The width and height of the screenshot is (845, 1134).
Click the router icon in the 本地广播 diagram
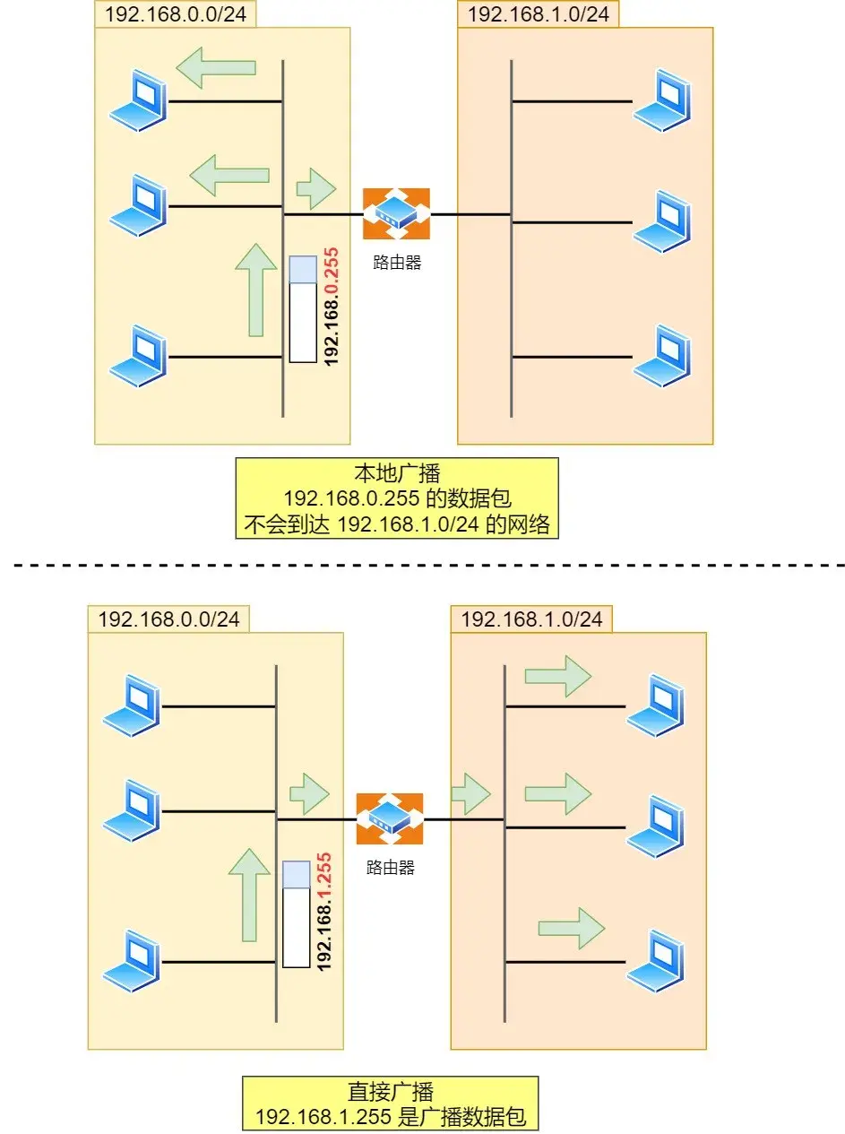(x=396, y=214)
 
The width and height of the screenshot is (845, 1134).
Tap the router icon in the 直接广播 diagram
(x=389, y=818)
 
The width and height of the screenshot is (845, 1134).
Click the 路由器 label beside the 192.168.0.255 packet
(x=397, y=263)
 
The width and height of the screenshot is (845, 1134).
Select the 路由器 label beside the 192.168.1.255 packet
(x=390, y=868)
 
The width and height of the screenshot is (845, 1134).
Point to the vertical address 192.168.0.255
(x=331, y=307)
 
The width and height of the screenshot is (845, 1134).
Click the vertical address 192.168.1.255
(x=324, y=912)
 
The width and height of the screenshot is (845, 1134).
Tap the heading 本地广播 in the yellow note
(x=397, y=472)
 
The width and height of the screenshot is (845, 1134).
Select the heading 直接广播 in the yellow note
(x=390, y=1091)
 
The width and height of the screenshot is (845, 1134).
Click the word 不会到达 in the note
(x=287, y=524)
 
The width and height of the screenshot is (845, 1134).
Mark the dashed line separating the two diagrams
(x=428, y=565)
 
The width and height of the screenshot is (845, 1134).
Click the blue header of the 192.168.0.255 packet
(x=303, y=269)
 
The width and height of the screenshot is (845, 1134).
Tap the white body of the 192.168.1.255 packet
(x=297, y=927)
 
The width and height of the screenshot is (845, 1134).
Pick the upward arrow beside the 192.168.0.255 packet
(x=256, y=290)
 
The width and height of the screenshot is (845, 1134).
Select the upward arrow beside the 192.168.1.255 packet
(x=249, y=895)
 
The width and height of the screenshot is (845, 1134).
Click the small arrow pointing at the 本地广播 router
(x=316, y=188)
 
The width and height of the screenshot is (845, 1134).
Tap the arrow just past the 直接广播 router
(x=470, y=794)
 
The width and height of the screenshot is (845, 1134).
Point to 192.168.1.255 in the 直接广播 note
(x=323, y=1117)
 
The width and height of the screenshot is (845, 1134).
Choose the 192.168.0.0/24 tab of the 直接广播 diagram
(x=168, y=619)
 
